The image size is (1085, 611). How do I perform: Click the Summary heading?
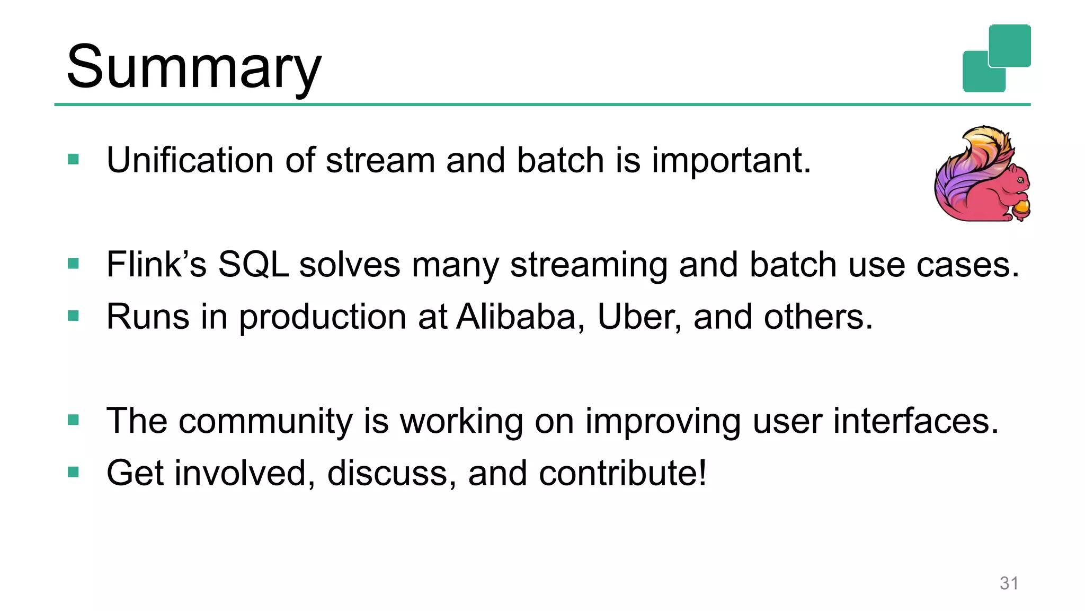[x=193, y=67]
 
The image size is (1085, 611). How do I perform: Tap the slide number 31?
[x=1009, y=583]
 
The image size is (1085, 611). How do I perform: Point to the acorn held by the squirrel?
[x=1020, y=207]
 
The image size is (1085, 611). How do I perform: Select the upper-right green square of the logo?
[x=1010, y=45]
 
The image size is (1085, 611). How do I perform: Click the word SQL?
[x=253, y=264]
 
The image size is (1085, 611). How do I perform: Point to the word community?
[x=265, y=421]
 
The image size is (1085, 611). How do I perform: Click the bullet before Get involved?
[x=74, y=472]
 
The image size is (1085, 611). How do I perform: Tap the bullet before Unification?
[x=74, y=159]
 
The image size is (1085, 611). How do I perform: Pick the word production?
[x=323, y=317]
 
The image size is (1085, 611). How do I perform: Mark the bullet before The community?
[x=74, y=420]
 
